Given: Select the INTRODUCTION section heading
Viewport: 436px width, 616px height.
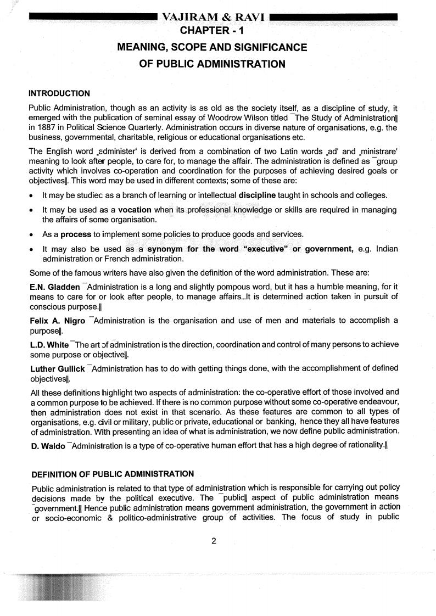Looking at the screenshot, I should point(59,93).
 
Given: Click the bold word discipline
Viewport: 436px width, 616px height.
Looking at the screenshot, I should point(258,195).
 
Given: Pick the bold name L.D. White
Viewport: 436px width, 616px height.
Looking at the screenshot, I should point(49,345).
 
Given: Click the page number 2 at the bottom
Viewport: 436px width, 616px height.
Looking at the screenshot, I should point(214,541).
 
